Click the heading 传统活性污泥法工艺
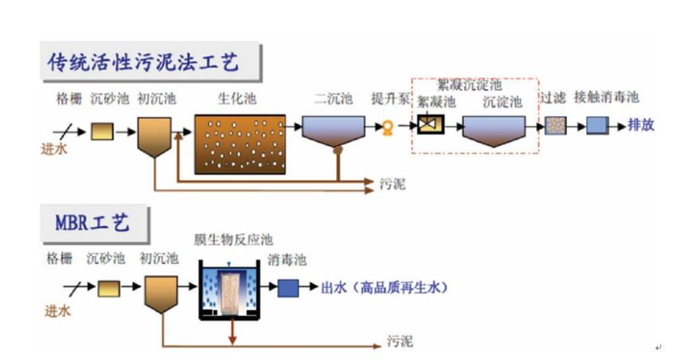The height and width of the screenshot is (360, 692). click(143, 62)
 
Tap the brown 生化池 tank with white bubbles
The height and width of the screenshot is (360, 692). click(240, 144)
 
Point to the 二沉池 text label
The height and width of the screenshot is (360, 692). click(333, 99)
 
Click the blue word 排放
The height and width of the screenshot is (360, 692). click(641, 125)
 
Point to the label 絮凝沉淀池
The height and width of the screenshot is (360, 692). click(469, 85)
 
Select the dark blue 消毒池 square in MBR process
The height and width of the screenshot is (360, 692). click(288, 288)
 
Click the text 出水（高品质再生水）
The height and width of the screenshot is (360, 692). click(384, 288)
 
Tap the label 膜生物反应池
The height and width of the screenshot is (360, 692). click(233, 240)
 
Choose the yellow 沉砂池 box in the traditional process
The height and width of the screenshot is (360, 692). click(102, 131)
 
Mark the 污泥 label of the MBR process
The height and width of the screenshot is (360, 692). click(400, 342)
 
